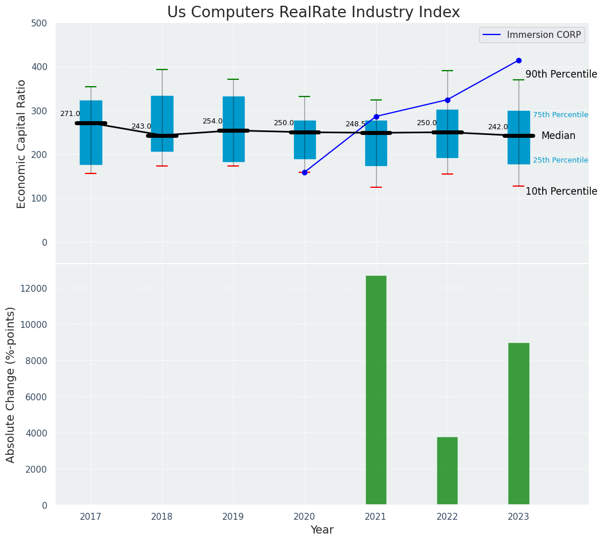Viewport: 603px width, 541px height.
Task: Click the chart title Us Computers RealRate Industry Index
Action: (313, 13)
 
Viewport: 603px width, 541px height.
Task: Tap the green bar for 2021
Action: (376, 390)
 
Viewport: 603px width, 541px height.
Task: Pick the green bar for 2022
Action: (447, 471)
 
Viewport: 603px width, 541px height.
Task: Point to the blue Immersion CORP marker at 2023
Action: (519, 60)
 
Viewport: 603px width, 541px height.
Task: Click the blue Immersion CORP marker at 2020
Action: (304, 172)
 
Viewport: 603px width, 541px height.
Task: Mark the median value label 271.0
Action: (70, 114)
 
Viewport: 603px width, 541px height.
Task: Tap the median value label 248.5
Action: (355, 124)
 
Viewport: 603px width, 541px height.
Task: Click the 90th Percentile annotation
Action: (561, 74)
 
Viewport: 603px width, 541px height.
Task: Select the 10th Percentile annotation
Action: (561, 191)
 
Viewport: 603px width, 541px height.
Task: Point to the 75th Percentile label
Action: (560, 115)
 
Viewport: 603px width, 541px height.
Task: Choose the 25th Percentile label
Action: (560, 160)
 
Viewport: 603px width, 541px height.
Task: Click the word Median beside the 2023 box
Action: (558, 136)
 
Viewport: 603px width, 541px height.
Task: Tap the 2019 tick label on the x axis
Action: (233, 517)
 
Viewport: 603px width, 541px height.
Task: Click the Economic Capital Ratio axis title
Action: (22, 144)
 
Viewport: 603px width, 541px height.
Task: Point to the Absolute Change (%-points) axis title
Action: (11, 384)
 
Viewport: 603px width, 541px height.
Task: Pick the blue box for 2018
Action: (162, 123)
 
